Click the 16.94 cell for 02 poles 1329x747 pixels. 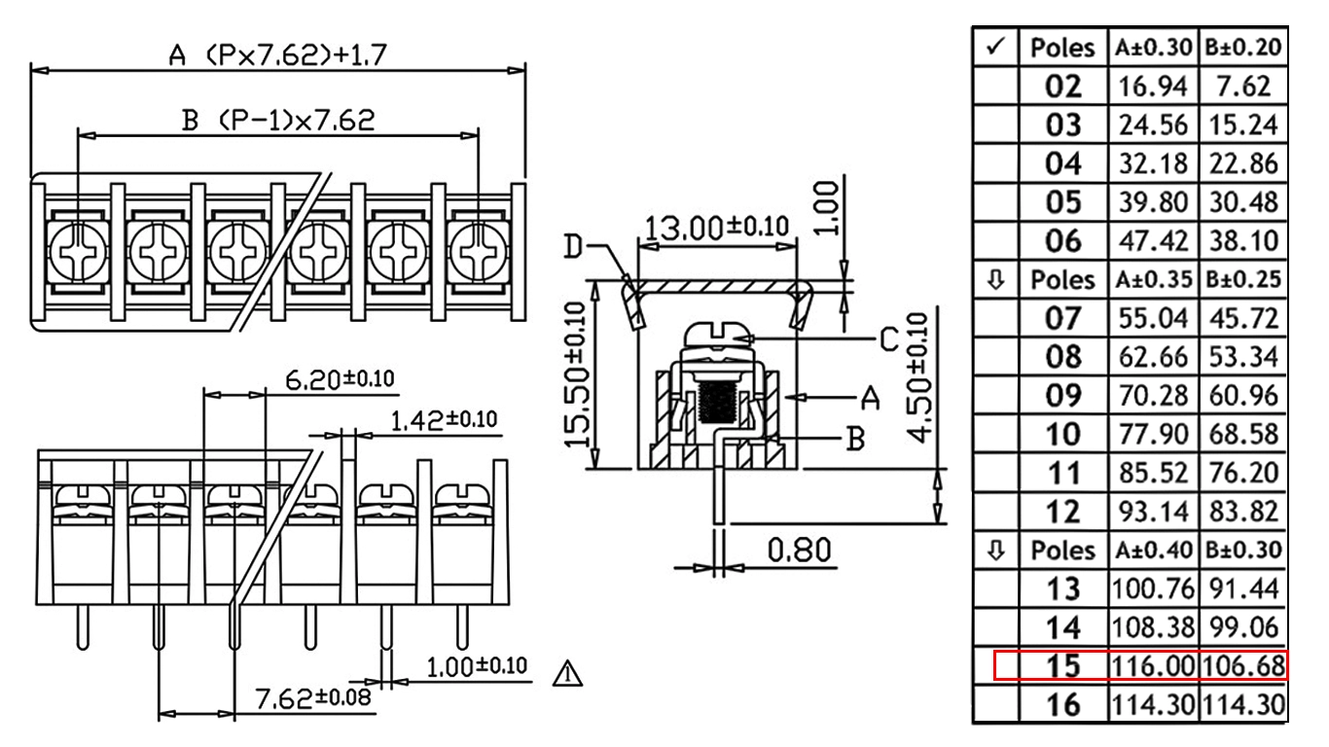(1153, 87)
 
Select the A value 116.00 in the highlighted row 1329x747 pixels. (1153, 666)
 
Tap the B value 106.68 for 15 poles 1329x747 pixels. (1243, 666)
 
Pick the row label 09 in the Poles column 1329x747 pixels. (1063, 396)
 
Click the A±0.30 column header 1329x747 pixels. (1153, 48)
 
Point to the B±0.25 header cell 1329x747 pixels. (1243, 279)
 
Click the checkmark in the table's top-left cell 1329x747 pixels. (995, 46)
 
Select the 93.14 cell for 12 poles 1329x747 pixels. (1153, 512)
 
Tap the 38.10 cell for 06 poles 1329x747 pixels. (1243, 241)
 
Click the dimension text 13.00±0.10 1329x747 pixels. (717, 228)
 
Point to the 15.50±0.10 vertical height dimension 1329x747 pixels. (576, 375)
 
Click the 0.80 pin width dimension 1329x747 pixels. (799, 550)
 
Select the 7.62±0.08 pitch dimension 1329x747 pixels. (313, 697)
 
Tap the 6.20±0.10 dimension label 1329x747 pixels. (340, 379)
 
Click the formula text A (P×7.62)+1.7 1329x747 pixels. (277, 55)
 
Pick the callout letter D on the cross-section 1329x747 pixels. (573, 247)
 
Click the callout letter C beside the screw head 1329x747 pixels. (889, 340)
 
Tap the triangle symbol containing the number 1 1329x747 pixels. (567, 674)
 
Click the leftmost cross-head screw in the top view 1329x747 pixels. (77, 251)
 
